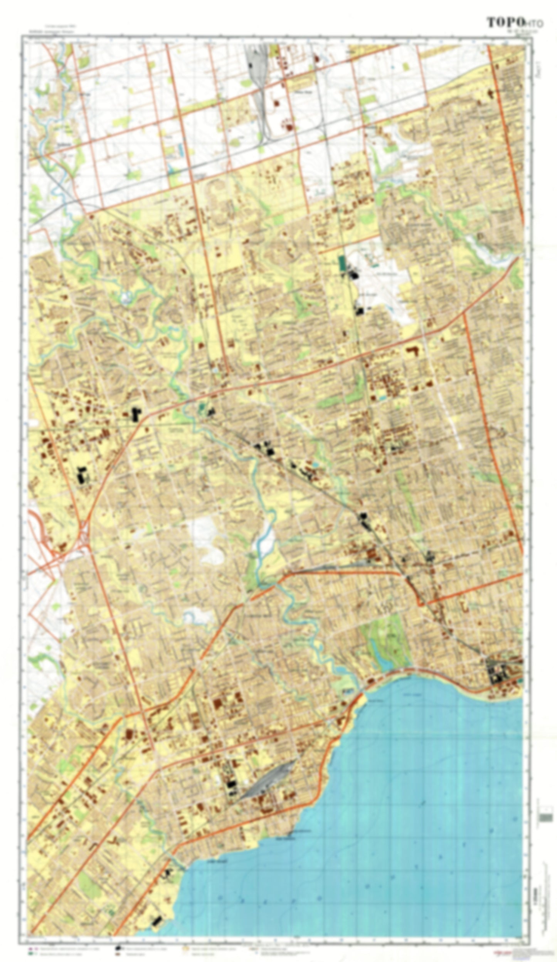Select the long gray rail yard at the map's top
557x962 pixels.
pyautogui.click(x=259, y=92)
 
